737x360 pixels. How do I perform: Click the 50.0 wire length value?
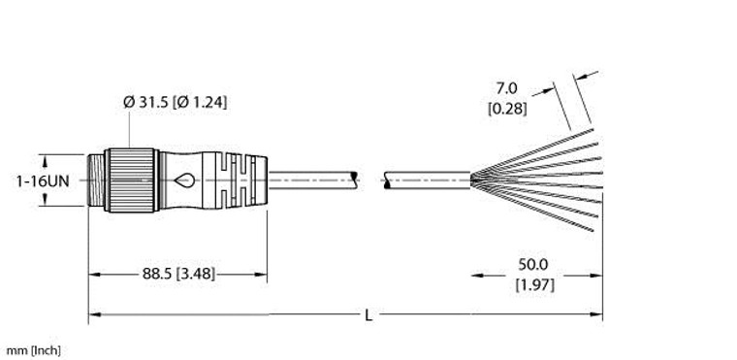[x=534, y=264]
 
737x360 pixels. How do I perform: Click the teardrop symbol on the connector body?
[x=184, y=179]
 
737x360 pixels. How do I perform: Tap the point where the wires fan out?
[x=472, y=177]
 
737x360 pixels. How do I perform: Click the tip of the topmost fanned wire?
[x=593, y=129]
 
